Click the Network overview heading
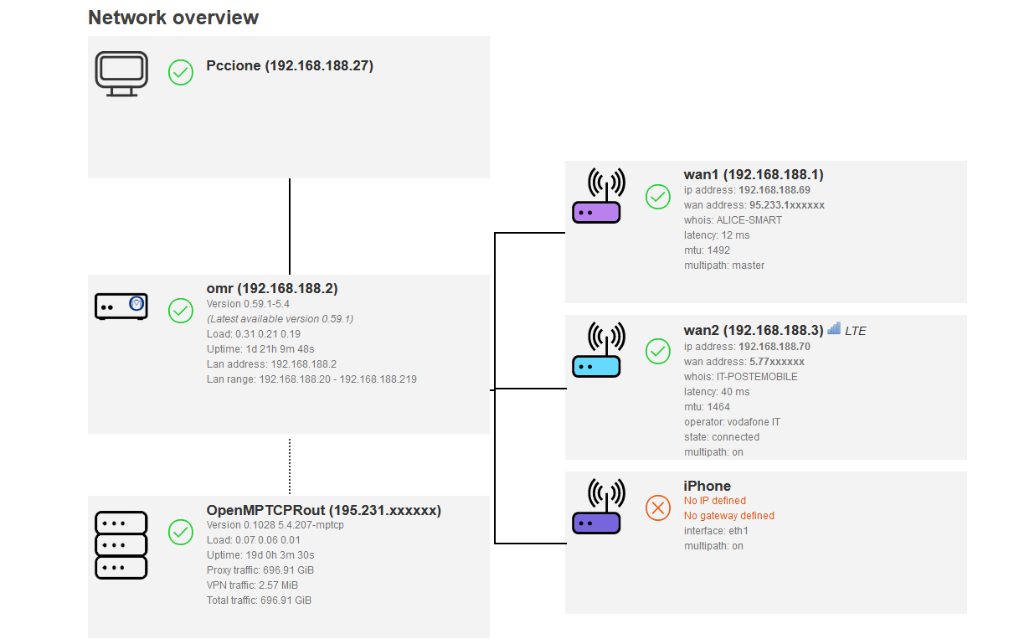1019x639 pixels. [x=173, y=18]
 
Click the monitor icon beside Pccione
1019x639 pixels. [x=121, y=74]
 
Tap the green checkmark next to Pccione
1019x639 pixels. [x=181, y=73]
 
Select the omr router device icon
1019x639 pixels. [x=121, y=307]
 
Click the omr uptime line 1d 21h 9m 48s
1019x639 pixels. [x=260, y=349]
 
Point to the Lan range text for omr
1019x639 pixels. [x=311, y=379]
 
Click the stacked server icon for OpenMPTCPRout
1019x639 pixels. [x=121, y=545]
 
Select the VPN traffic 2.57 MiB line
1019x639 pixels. [x=252, y=585]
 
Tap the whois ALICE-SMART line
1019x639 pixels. [x=733, y=220]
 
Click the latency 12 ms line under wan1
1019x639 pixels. [x=717, y=235]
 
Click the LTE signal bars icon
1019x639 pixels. [x=834, y=329]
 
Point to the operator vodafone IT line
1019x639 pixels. [x=732, y=422]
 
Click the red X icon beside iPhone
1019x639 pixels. [x=658, y=508]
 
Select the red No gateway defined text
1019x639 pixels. [x=728, y=516]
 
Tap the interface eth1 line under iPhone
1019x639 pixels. [x=716, y=531]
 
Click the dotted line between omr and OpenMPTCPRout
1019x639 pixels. [x=290, y=466]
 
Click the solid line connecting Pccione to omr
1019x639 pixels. [x=290, y=226]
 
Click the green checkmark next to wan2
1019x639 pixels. [x=658, y=352]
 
